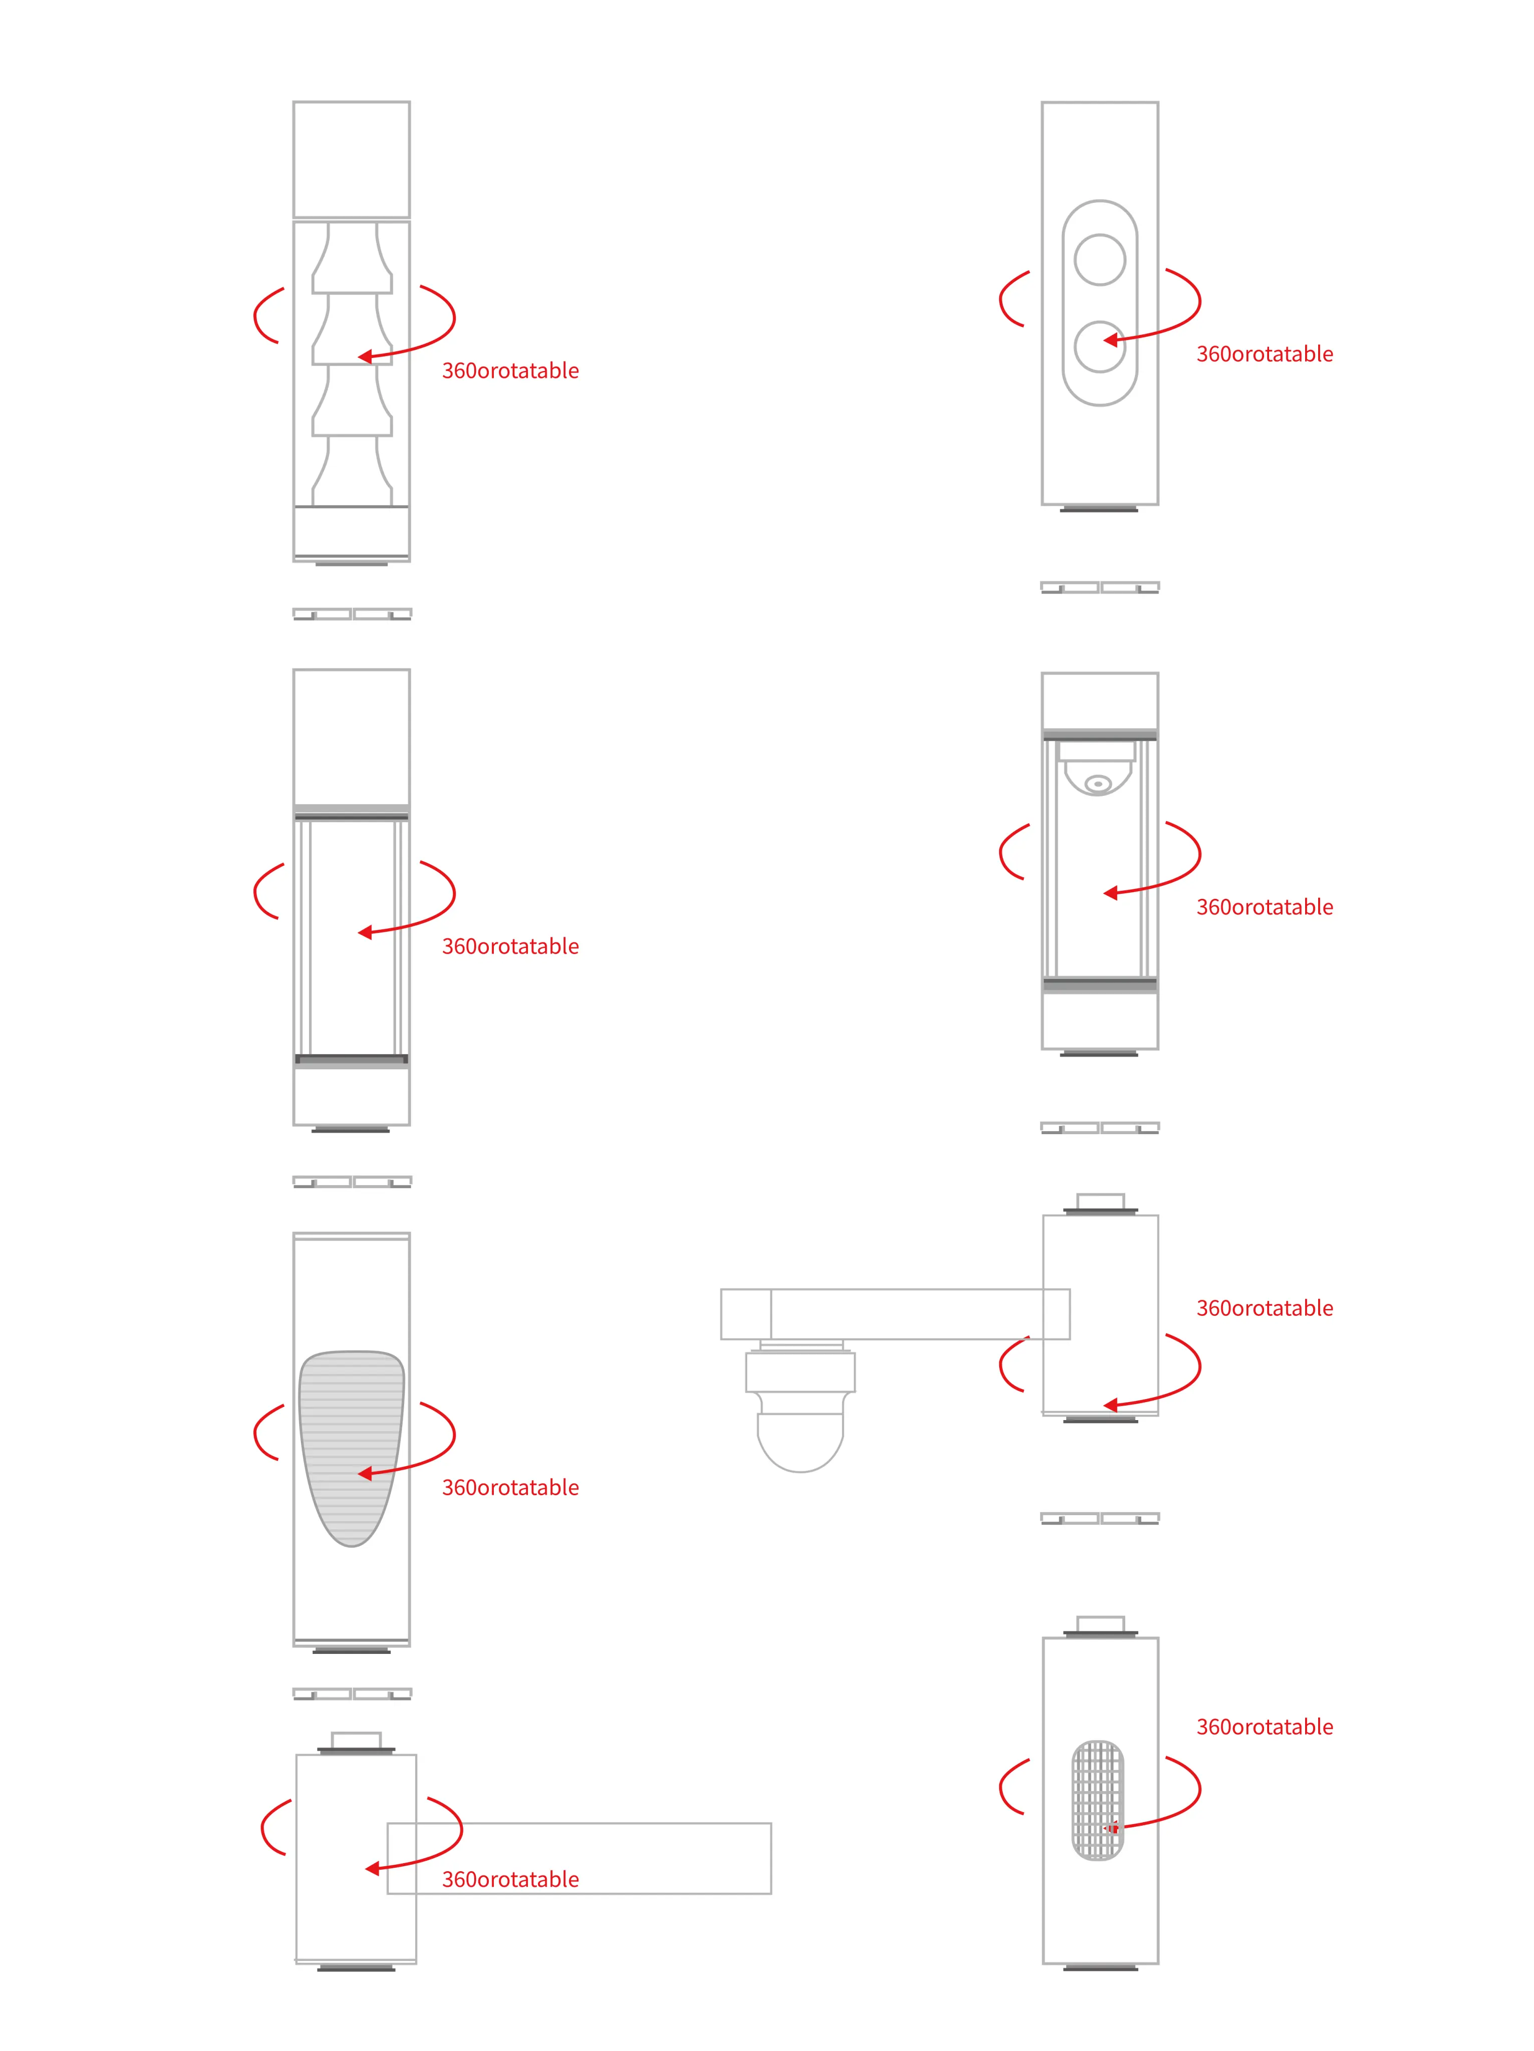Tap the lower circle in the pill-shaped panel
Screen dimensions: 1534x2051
(x=1100, y=347)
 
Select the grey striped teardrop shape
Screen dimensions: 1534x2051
(x=352, y=1448)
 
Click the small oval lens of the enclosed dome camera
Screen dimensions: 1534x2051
(x=1099, y=784)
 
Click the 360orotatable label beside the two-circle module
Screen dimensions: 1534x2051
(x=1264, y=354)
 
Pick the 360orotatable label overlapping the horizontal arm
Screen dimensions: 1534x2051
(x=510, y=1879)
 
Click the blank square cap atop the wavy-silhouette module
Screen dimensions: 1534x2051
(x=352, y=159)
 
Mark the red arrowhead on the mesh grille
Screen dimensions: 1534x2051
(x=1111, y=1829)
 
